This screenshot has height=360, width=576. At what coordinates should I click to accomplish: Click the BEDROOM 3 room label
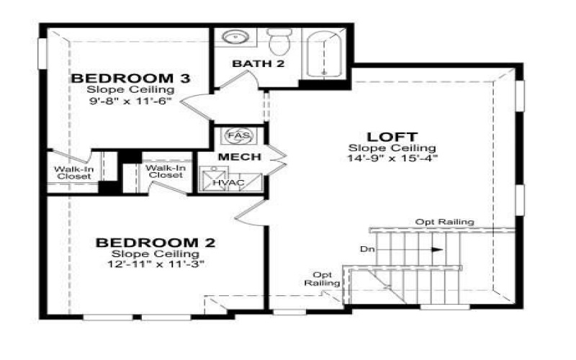click(x=130, y=78)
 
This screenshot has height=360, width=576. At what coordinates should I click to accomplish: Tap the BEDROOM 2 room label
click(x=156, y=243)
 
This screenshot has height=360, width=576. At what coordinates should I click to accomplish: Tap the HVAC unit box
click(x=228, y=182)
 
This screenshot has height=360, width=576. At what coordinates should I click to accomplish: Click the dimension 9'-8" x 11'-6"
click(x=130, y=102)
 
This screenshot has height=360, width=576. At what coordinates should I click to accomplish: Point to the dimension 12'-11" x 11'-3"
click(x=156, y=264)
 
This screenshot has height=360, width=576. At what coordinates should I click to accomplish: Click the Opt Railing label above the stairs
click(x=444, y=222)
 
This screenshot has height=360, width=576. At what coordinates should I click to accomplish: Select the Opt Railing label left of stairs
click(x=323, y=279)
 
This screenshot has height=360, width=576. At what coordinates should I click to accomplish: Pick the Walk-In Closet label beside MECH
click(x=166, y=171)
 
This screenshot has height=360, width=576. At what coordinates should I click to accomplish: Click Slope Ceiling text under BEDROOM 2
click(x=156, y=254)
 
